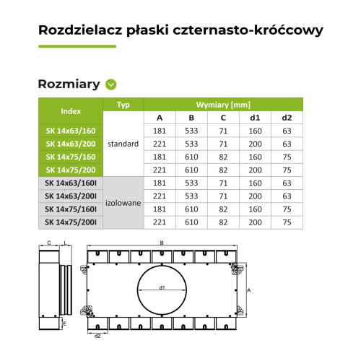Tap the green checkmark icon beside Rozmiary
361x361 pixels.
pyautogui.click(x=110, y=84)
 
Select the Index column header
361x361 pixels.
pyautogui.click(x=71, y=111)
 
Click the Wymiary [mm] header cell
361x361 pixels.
pyautogui.click(x=222, y=105)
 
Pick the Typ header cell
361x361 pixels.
pyautogui.click(x=123, y=105)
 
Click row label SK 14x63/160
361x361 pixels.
pyautogui.click(x=71, y=131)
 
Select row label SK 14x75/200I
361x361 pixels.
pyautogui.click(x=71, y=222)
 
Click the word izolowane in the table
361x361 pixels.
pyautogui.click(x=123, y=203)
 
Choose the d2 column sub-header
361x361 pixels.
pyautogui.click(x=287, y=118)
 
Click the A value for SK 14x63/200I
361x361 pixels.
pyautogui.click(x=160, y=196)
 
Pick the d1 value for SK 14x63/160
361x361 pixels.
pyautogui.click(x=255, y=131)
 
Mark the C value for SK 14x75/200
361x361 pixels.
pyautogui.click(x=223, y=170)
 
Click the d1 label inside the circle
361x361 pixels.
pyautogui.click(x=162, y=288)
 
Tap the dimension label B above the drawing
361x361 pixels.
pyautogui.click(x=162, y=243)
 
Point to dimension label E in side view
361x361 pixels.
pyautogui.click(x=65, y=325)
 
